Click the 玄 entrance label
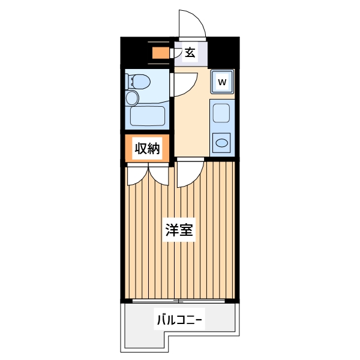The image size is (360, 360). [x=190, y=53]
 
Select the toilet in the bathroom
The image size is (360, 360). [x=135, y=81]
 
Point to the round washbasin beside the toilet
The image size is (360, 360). [x=132, y=98]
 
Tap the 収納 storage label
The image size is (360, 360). [x=147, y=149]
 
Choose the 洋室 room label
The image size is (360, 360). [x=179, y=230]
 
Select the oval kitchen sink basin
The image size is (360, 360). [x=221, y=143]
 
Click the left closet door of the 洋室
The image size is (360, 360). [x=137, y=174]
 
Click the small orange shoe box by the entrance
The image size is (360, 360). [x=160, y=53]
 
